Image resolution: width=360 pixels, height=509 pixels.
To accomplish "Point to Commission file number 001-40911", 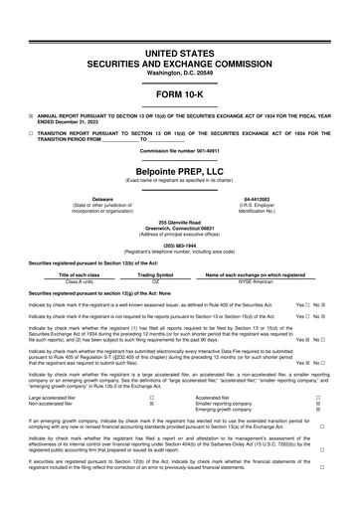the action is [x=180, y=150].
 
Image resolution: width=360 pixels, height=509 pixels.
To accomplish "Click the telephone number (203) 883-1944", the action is [x=180, y=245].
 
